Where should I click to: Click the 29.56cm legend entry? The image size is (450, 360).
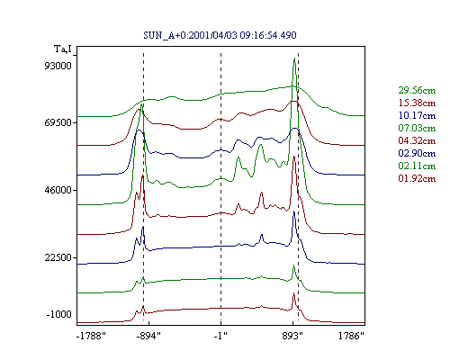[417, 90]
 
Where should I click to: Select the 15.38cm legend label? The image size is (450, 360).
[417, 103]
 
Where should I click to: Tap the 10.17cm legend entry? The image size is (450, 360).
[417, 115]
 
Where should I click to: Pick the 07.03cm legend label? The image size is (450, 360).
[417, 128]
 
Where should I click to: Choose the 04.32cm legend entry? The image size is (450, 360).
[417, 140]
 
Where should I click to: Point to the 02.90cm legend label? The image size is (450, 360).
[417, 153]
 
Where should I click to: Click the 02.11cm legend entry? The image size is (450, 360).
[417, 166]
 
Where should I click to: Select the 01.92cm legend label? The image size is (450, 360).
[417, 178]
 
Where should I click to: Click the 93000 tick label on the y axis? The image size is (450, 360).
[58, 66]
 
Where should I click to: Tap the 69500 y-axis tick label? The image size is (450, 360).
[58, 122]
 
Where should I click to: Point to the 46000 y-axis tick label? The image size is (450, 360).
[58, 190]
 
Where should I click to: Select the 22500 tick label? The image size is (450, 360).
[58, 257]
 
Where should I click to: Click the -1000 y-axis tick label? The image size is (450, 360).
[59, 314]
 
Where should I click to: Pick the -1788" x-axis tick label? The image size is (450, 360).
[91, 336]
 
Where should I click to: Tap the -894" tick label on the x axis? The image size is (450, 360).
[148, 336]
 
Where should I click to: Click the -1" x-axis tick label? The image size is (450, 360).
[220, 336]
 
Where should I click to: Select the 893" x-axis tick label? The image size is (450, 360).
[292, 336]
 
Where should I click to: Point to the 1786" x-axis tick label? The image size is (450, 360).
[351, 336]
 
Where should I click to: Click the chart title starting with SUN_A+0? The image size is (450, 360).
[220, 35]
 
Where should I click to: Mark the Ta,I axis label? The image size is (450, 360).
[63, 49]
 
